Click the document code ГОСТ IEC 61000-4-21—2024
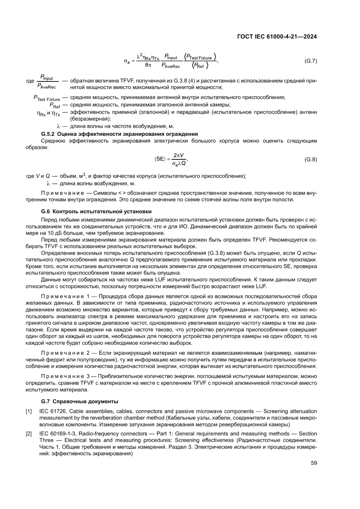tap(276, 37)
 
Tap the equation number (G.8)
tap(310, 159)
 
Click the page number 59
tap(313, 463)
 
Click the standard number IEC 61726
tap(55, 411)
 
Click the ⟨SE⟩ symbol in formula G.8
tap(160, 159)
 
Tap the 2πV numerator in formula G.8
tap(178, 155)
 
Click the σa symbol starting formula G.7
tap(127, 61)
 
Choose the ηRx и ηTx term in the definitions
tap(49, 113)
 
